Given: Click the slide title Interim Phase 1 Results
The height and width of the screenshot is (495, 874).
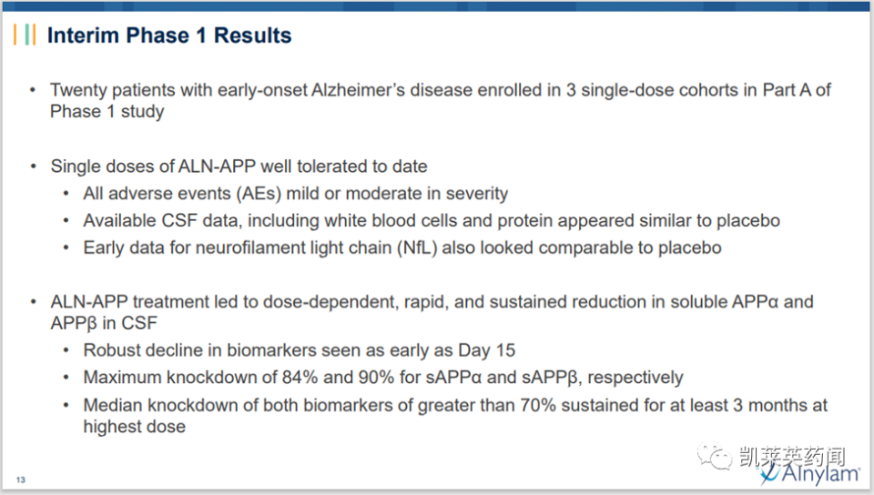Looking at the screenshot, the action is (x=169, y=35).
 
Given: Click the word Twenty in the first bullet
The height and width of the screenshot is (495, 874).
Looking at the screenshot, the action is (x=77, y=90).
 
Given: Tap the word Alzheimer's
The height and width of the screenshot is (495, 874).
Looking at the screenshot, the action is (x=358, y=90).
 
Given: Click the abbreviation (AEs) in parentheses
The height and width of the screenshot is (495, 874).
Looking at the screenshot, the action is (x=260, y=193).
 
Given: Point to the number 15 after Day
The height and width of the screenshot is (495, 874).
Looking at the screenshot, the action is (x=505, y=350).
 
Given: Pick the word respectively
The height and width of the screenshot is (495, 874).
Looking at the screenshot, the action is (x=635, y=378).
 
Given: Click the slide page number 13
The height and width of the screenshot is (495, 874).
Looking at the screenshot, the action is (x=21, y=480).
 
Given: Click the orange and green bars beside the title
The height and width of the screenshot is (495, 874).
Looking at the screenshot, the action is (x=25, y=35).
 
